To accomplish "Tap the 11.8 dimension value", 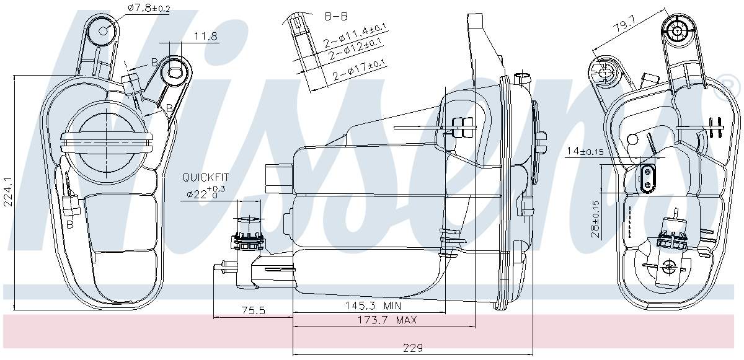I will [x=205, y=37].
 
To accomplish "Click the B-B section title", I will [x=337, y=17].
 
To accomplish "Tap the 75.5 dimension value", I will [x=253, y=311].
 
